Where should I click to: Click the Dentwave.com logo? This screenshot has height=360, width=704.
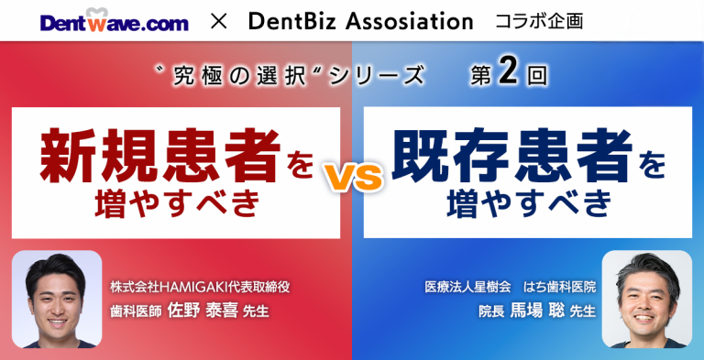coord(114,20)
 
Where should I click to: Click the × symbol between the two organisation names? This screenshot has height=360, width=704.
coord(218,20)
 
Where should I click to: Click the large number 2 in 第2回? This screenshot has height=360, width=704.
coord(510,74)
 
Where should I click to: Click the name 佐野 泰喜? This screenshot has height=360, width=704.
coord(202,311)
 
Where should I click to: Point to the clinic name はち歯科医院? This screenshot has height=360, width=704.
coord(560,287)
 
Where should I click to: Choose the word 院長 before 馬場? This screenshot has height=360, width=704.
coord(491,311)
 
